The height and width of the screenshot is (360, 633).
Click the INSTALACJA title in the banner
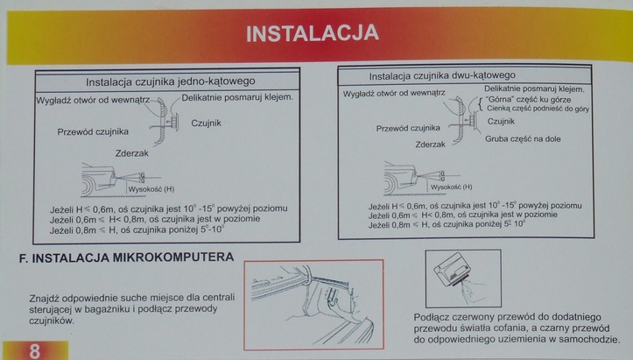pos(313,33)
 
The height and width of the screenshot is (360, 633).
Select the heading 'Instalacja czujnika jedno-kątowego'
pos(171,81)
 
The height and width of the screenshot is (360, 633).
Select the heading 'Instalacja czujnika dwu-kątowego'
pos(442,75)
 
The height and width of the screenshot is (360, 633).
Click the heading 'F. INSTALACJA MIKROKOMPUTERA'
pos(126,258)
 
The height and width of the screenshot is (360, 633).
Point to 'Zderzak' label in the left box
pos(131,153)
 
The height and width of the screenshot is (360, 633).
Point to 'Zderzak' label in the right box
pos(431,145)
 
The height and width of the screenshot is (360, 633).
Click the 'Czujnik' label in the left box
pos(206,124)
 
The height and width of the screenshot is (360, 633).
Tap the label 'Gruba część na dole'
pos(523,139)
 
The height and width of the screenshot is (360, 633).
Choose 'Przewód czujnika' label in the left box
pos(93,131)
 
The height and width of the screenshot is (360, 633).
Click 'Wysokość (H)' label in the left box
pos(151,189)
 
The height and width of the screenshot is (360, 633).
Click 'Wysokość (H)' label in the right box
pos(451,187)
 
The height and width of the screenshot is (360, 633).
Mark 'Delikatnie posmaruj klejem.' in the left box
pos(237,97)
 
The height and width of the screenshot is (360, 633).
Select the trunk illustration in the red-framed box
pos(313,305)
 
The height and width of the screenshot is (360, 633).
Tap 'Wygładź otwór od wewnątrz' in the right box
pos(394,94)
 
